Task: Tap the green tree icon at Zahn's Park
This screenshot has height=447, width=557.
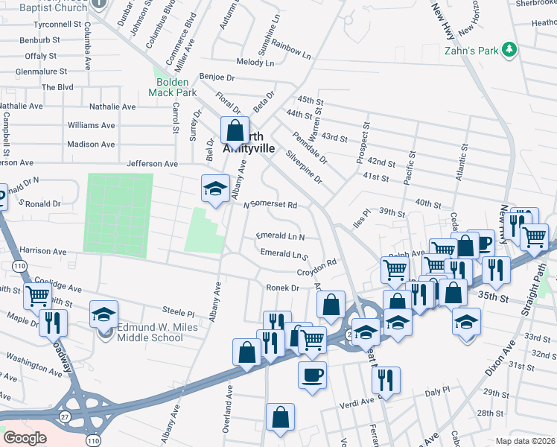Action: pyautogui.click(x=509, y=49)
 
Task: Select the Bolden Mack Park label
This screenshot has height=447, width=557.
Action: pyautogui.click(x=176, y=87)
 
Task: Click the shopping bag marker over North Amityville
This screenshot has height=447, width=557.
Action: pyautogui.click(x=235, y=131)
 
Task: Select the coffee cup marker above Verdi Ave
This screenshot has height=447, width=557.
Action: pyautogui.click(x=312, y=375)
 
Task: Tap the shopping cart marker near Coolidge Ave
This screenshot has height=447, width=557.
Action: pyautogui.click(x=37, y=296)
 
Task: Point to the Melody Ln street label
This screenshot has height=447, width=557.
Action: pyautogui.click(x=255, y=63)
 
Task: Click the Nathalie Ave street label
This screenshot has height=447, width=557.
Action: pyautogui.click(x=112, y=107)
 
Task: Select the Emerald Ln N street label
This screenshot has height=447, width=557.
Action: pyautogui.click(x=280, y=236)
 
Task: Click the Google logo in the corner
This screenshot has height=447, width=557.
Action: pyautogui.click(x=25, y=438)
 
